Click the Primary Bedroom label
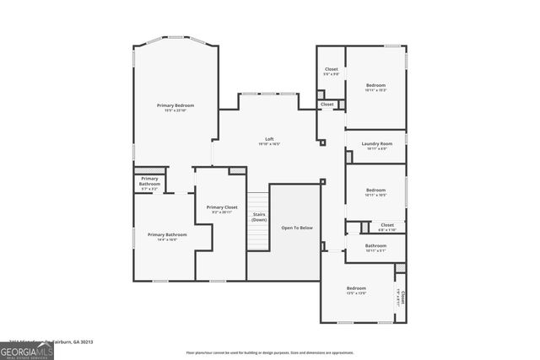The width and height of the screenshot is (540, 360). pyautogui.click(x=175, y=105)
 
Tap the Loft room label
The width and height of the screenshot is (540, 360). pyautogui.click(x=269, y=139)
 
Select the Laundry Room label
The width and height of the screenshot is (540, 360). pyautogui.click(x=376, y=143)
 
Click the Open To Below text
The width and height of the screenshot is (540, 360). pyautogui.click(x=296, y=228)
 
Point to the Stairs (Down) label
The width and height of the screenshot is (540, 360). pyautogui.click(x=259, y=217)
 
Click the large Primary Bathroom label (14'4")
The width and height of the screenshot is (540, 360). pyautogui.click(x=167, y=234)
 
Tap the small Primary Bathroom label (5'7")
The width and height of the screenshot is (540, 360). pyautogui.click(x=149, y=181)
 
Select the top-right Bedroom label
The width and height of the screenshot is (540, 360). pyautogui.click(x=375, y=85)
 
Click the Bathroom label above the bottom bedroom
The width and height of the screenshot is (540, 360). pyautogui.click(x=375, y=246)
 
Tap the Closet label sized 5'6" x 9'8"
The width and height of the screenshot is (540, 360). pyautogui.click(x=332, y=69)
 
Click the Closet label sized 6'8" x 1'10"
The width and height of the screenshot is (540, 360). pyautogui.click(x=386, y=225)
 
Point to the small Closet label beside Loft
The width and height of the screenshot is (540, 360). pyautogui.click(x=327, y=105)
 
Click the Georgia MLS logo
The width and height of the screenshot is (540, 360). pyautogui.click(x=27, y=350)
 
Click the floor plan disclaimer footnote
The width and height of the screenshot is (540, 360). pyautogui.click(x=270, y=352)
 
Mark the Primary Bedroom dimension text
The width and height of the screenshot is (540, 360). pyautogui.click(x=175, y=110)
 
